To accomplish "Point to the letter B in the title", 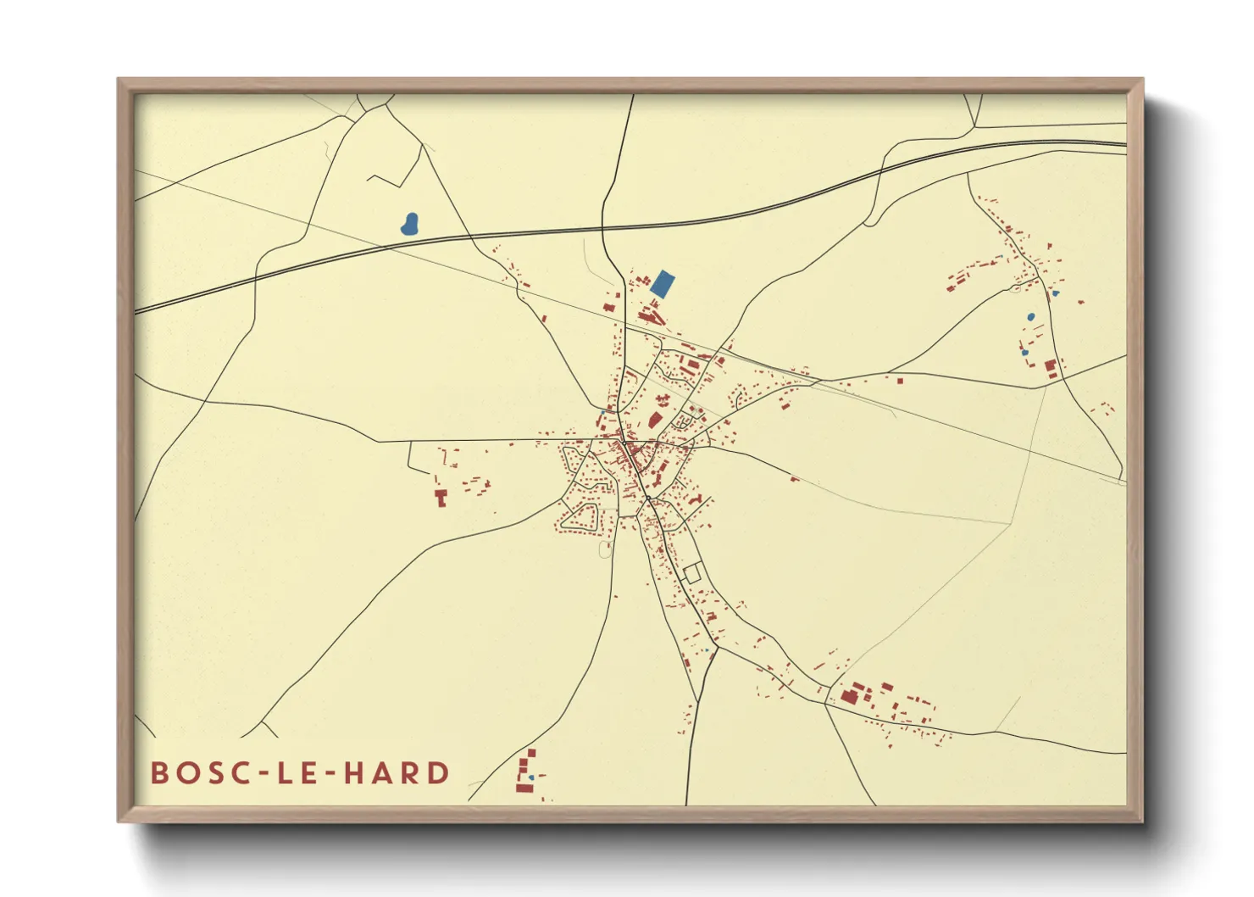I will click(159, 773).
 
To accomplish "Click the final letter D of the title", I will click(439, 773).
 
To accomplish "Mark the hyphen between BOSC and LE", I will click(258, 774).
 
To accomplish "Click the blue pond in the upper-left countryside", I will click(410, 225).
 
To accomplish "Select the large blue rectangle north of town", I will click(663, 284).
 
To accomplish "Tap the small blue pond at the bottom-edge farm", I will click(530, 777).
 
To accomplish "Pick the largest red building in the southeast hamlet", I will click(849, 698).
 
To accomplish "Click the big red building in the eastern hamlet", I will click(1051, 368).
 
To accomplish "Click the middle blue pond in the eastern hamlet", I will click(1030, 317).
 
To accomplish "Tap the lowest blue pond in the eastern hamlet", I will click(1024, 352).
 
